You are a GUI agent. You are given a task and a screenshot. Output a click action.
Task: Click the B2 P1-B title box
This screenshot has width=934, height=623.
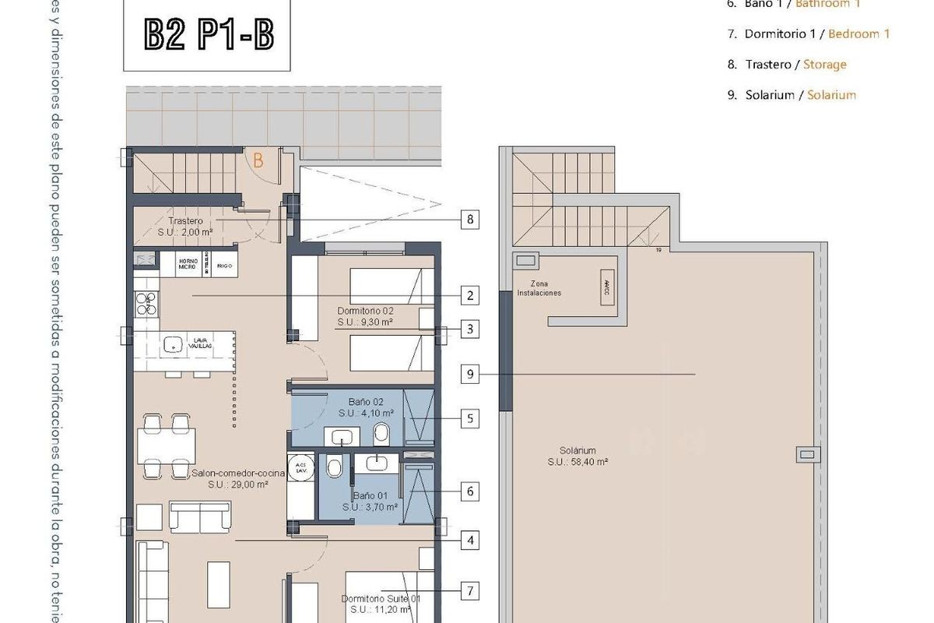(x=208, y=35)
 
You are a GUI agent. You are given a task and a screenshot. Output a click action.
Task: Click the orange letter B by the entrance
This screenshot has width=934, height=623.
(x=258, y=162)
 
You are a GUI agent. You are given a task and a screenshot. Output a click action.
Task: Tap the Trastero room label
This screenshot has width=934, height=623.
(x=185, y=221)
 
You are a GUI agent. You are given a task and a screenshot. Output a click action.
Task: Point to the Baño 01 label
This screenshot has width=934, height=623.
(x=370, y=495)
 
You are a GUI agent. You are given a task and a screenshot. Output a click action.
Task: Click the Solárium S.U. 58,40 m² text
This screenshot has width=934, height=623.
(x=577, y=461)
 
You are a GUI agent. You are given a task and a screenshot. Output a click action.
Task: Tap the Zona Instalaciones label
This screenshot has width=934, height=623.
(x=546, y=289)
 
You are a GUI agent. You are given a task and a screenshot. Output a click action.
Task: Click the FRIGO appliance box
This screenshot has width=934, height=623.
(x=225, y=265)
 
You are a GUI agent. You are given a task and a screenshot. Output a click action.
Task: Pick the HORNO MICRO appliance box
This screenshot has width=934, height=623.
(x=187, y=265)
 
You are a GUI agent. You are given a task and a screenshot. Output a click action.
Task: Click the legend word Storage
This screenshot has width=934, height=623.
(x=824, y=65)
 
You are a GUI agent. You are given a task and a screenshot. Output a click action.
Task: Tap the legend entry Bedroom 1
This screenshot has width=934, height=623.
(x=859, y=33)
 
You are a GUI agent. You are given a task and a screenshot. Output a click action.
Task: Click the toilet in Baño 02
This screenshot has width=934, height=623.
(x=382, y=433)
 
